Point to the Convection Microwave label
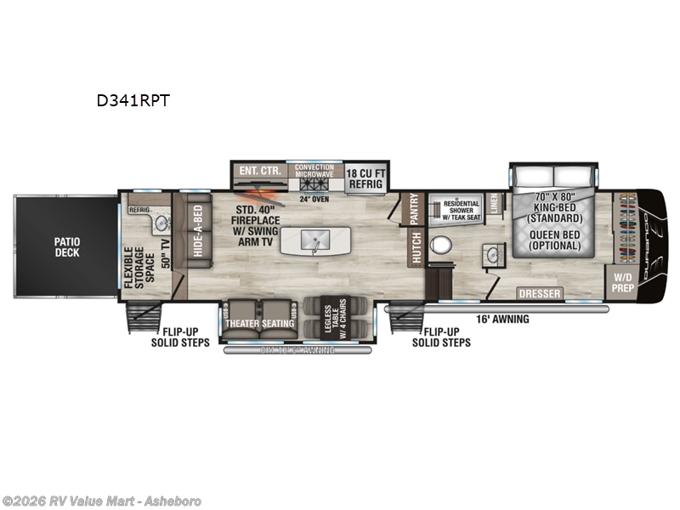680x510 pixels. point(314,171)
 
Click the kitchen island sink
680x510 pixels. point(315,240)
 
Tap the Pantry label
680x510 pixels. point(415,209)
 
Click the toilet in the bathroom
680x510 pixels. point(440,245)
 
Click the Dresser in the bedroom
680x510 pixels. point(540,294)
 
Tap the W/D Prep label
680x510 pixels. point(625,281)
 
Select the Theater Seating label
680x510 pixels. point(260,323)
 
